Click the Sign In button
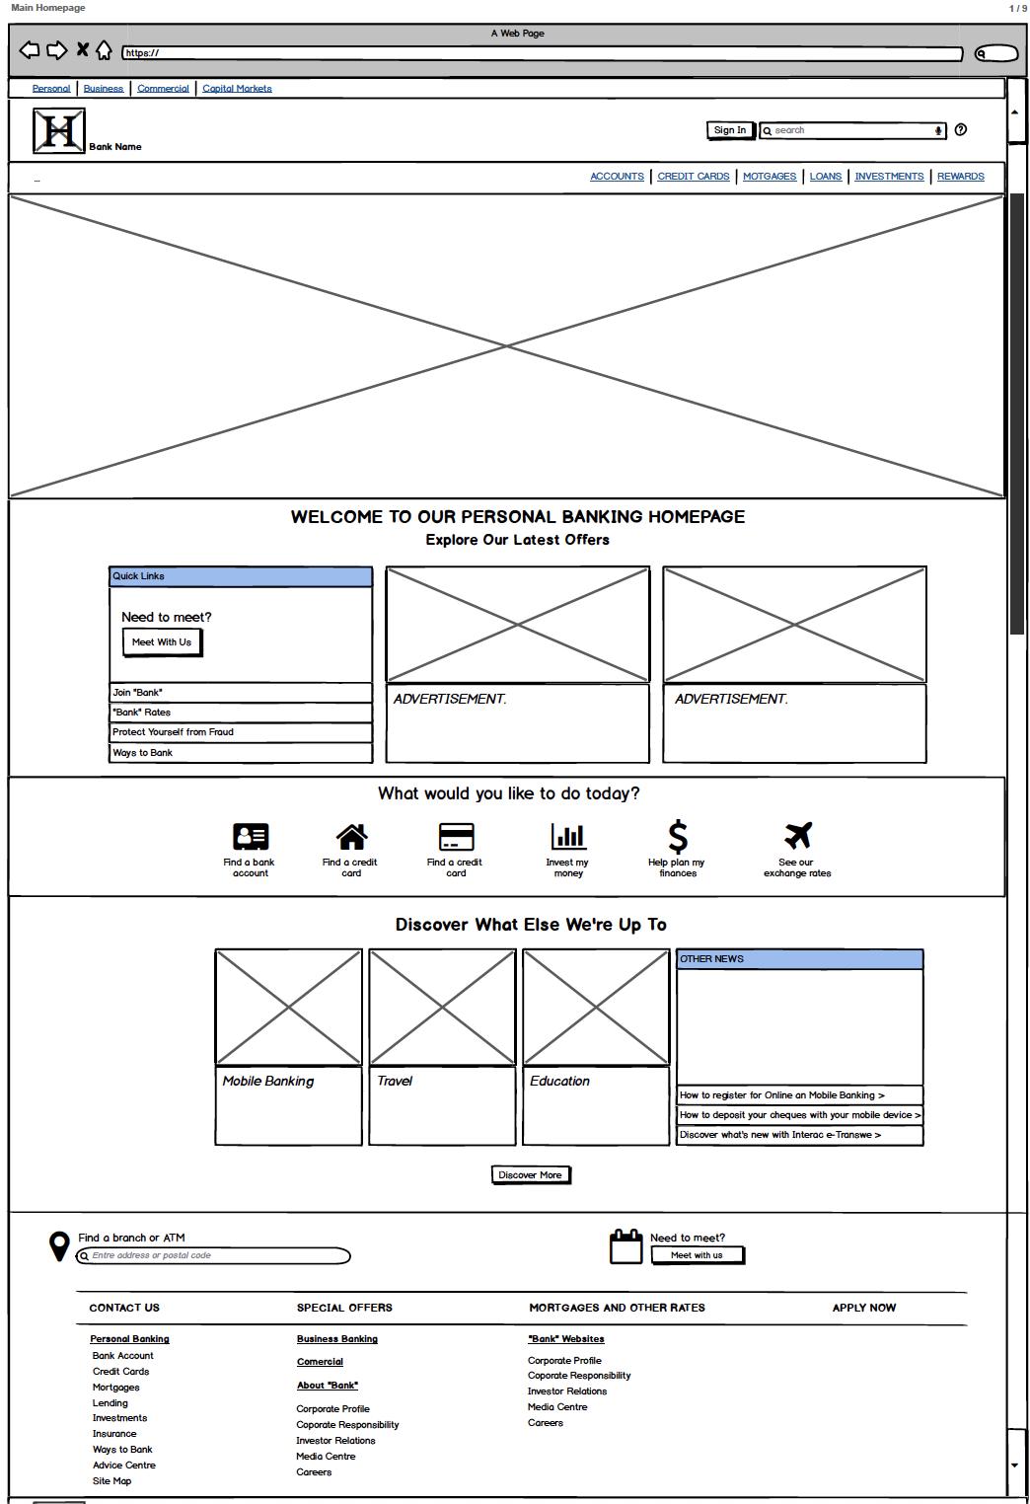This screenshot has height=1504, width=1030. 730,130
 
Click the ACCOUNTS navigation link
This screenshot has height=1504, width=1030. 617,177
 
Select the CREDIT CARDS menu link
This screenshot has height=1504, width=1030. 694,177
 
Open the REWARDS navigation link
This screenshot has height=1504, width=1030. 960,177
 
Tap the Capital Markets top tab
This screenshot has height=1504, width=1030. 237,89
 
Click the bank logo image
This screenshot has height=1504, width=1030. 59,130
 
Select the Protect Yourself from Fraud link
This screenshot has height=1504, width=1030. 173,732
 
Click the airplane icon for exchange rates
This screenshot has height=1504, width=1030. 798,835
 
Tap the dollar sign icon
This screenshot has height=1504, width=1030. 678,836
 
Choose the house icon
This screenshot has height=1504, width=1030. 351,837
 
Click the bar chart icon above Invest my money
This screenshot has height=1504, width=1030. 568,836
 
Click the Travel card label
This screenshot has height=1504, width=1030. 395,1082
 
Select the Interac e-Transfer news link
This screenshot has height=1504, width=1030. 779,1135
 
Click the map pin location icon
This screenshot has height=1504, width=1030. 59,1245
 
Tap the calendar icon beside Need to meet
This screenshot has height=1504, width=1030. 626,1246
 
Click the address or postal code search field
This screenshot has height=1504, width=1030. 215,1255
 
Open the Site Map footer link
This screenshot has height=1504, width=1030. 111,1481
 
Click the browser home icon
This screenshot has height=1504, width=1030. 104,50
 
